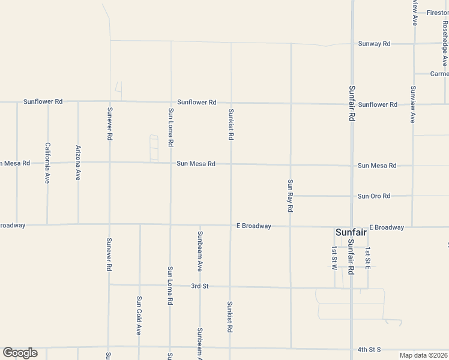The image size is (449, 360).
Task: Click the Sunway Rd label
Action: point(374,44)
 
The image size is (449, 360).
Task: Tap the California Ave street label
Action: point(47,163)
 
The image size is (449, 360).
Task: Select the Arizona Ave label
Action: point(78,163)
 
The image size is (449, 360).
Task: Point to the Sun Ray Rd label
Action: point(290,196)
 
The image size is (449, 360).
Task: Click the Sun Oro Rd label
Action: point(374,196)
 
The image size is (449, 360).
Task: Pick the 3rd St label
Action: point(199,286)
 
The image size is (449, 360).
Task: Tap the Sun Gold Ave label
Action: point(139,315)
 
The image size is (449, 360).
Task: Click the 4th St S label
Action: point(369,349)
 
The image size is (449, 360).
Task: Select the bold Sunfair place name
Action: point(351,232)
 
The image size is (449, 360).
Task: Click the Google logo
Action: point(20,353)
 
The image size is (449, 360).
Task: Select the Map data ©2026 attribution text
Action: point(424,355)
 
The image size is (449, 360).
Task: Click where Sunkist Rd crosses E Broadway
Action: point(231,226)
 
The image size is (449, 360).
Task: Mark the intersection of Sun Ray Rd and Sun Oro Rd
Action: point(291,196)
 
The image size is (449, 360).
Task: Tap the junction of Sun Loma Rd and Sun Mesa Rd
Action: point(170,163)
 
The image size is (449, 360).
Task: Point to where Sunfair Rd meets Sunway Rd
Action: point(352,44)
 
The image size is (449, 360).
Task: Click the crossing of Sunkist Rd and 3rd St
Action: point(231,286)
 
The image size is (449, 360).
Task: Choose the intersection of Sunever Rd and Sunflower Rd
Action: point(109,101)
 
